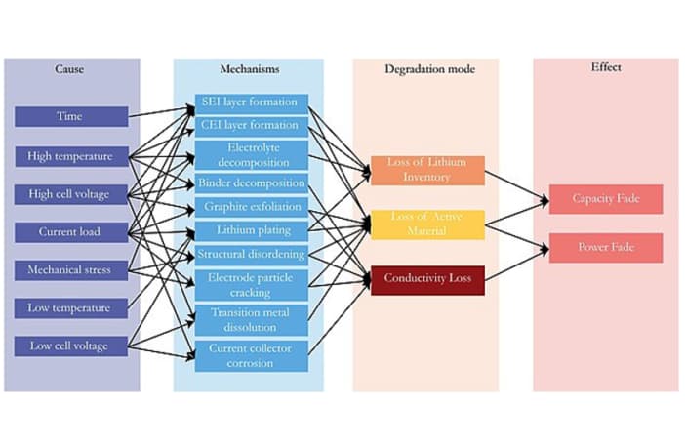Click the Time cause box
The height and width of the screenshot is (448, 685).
pyautogui.click(x=70, y=116)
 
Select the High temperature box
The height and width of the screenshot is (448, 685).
pyautogui.click(x=70, y=155)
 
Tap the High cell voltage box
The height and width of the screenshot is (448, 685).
pyautogui.click(x=70, y=194)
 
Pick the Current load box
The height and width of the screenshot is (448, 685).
pyautogui.click(x=70, y=232)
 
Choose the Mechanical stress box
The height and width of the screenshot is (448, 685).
pyautogui.click(x=70, y=270)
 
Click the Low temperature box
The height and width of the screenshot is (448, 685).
pyautogui.click(x=70, y=308)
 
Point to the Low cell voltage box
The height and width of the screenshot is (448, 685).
pyautogui.click(x=70, y=346)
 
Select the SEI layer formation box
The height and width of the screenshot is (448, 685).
pyautogui.click(x=252, y=102)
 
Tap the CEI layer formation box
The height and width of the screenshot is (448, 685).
pyautogui.click(x=252, y=125)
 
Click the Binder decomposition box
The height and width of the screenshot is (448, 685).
pyautogui.click(x=252, y=183)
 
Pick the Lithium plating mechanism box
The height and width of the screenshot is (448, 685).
pyautogui.click(x=252, y=230)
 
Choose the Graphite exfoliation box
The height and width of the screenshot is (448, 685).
pyautogui.click(x=252, y=207)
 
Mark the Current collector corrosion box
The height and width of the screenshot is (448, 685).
pyautogui.click(x=252, y=355)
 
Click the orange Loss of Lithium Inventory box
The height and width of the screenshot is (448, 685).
pyautogui.click(x=427, y=170)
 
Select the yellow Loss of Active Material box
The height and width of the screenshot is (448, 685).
pyautogui.click(x=427, y=224)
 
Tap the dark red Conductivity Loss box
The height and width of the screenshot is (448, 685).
pyautogui.click(x=427, y=279)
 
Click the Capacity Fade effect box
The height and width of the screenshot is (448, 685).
pyautogui.click(x=605, y=199)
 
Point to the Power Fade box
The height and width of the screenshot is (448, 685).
pyautogui.click(x=605, y=247)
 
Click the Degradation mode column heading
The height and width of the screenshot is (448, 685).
pyautogui.click(x=426, y=70)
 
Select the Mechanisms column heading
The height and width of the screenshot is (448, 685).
pyautogui.click(x=250, y=70)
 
